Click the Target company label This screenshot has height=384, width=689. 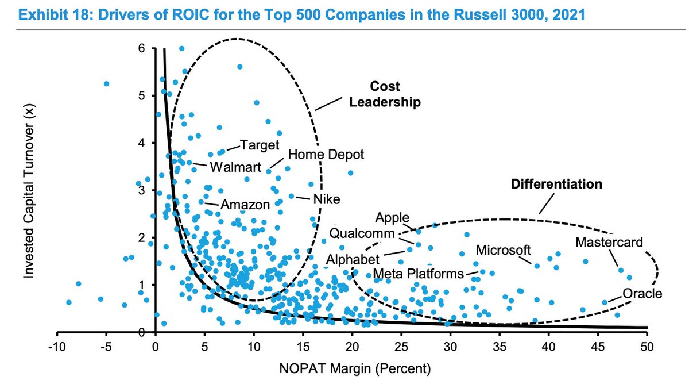259,145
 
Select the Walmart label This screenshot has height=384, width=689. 235,168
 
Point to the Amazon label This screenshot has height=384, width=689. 245,205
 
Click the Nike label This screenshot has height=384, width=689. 326,199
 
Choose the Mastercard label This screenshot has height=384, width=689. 609,243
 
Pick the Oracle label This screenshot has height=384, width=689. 643,294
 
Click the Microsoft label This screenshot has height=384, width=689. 504,251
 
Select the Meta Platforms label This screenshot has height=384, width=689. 417,273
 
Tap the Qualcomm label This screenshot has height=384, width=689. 362,234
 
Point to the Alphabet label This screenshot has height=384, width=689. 353,259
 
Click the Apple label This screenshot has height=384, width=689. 392,218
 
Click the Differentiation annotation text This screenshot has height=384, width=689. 556,184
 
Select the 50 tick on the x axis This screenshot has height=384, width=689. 647,347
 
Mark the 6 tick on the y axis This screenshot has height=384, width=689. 141,49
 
